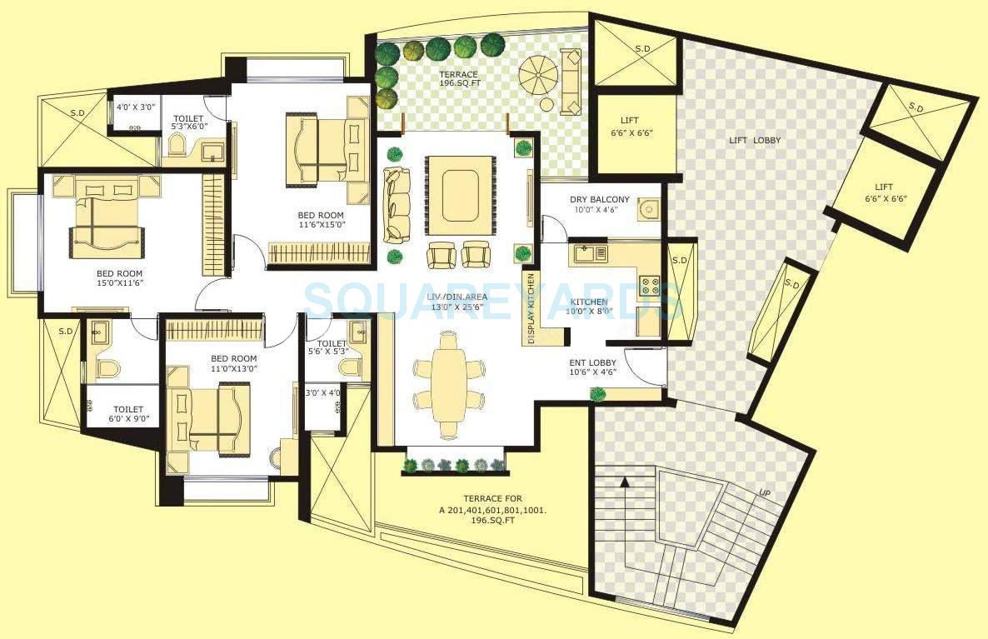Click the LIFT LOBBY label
(756, 140)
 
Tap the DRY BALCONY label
(600, 200)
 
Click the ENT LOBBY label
(593, 362)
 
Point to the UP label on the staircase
(764, 493)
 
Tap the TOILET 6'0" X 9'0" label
(128, 414)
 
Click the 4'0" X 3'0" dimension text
(134, 107)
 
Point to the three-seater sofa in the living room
(397, 204)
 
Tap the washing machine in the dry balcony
(648, 210)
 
